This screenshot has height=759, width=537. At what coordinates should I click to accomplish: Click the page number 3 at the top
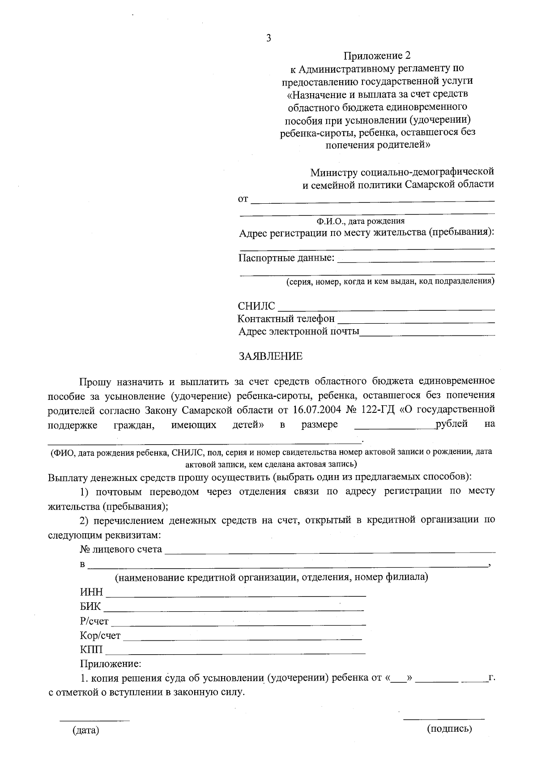click(x=268, y=39)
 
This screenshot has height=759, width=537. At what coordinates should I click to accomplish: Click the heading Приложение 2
click(x=377, y=56)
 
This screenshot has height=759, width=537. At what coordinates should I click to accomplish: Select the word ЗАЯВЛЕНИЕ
click(x=270, y=356)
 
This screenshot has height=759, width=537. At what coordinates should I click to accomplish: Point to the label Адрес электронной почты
click(x=298, y=332)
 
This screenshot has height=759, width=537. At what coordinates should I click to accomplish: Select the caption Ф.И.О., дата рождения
click(x=360, y=221)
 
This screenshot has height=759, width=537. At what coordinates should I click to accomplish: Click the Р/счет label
click(x=94, y=622)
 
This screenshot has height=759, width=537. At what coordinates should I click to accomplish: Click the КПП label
click(x=91, y=650)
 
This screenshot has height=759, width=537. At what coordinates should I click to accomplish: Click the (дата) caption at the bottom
click(x=85, y=730)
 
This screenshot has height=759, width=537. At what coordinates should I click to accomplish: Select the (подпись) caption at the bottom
click(x=450, y=729)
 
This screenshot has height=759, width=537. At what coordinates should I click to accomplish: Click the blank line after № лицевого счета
click(x=330, y=550)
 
